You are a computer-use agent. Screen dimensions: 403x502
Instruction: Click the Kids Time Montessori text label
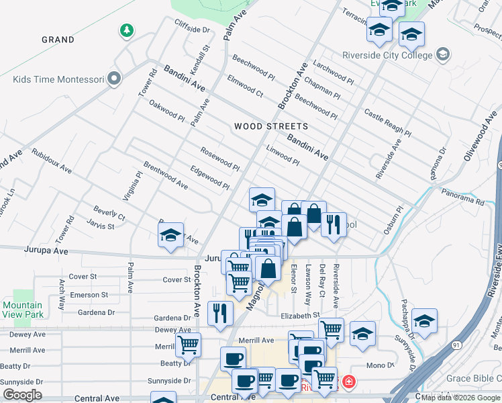pyautogui.click(x=58, y=79)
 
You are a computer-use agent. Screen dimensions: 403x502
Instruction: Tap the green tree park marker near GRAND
pyautogui.click(x=126, y=30)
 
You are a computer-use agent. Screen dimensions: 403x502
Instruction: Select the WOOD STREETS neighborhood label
pyautogui.click(x=271, y=126)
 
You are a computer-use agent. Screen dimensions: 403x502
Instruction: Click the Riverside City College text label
pyautogui.click(x=389, y=54)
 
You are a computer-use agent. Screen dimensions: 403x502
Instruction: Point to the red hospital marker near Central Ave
pyautogui.click(x=348, y=383)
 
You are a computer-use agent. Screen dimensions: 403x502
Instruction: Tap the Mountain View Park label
pyautogui.click(x=23, y=310)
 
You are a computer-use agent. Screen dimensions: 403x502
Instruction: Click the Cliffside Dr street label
pyautogui.click(x=192, y=30)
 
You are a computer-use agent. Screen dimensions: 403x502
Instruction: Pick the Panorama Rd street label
pyautogui.click(x=462, y=197)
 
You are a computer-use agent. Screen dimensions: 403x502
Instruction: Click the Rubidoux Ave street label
pyautogui.click(x=52, y=161)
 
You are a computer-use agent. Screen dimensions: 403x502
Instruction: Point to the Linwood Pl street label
pyautogui.click(x=283, y=155)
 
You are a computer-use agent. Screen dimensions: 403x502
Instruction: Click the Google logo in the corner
pyautogui.click(x=22, y=395)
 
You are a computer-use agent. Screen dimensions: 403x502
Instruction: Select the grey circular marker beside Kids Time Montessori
pyautogui.click(x=114, y=79)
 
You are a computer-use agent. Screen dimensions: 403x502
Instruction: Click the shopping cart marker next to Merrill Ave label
pyautogui.click(x=189, y=345)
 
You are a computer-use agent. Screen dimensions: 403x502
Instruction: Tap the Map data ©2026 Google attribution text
pyautogui.click(x=460, y=398)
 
